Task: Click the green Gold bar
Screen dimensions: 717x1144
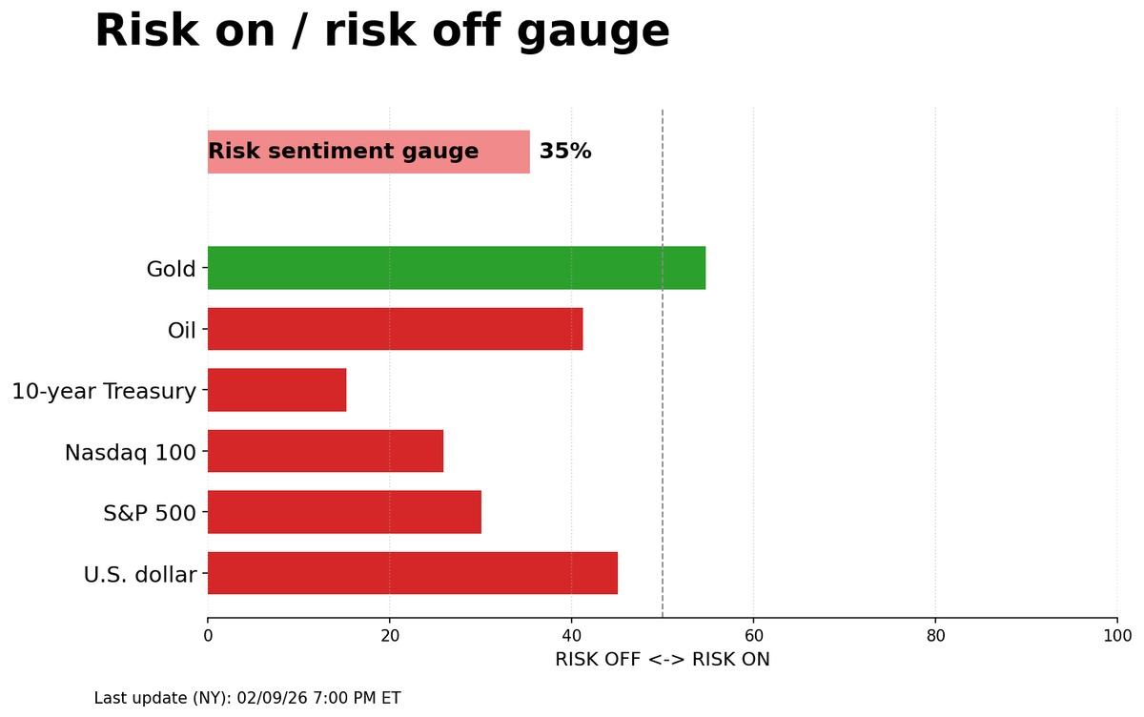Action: click(456, 268)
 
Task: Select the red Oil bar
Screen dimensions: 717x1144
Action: click(395, 329)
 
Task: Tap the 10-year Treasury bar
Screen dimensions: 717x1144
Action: click(276, 390)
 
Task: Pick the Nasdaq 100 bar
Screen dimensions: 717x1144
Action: click(325, 451)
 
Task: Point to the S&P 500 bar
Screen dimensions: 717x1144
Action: click(344, 512)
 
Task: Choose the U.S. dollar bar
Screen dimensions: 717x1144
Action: click(412, 573)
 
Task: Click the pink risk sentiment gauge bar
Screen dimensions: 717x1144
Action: click(368, 152)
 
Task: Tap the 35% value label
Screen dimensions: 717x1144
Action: click(565, 152)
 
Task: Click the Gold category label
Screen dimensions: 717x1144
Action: click(171, 269)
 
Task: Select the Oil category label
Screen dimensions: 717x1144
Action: click(181, 330)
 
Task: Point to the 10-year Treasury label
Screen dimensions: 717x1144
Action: click(104, 391)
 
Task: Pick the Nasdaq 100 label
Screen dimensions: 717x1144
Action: click(130, 452)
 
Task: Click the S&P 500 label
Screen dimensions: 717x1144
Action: click(149, 513)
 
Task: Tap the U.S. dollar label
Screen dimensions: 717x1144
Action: click(139, 574)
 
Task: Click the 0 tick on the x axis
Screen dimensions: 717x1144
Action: click(208, 635)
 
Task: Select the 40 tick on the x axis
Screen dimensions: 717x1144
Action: click(571, 635)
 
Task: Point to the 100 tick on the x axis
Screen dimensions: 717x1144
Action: click(1116, 635)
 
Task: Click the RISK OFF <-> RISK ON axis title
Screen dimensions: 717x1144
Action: click(662, 660)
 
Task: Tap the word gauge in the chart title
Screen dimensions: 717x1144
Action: click(594, 31)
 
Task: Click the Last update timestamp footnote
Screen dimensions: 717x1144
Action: click(247, 698)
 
